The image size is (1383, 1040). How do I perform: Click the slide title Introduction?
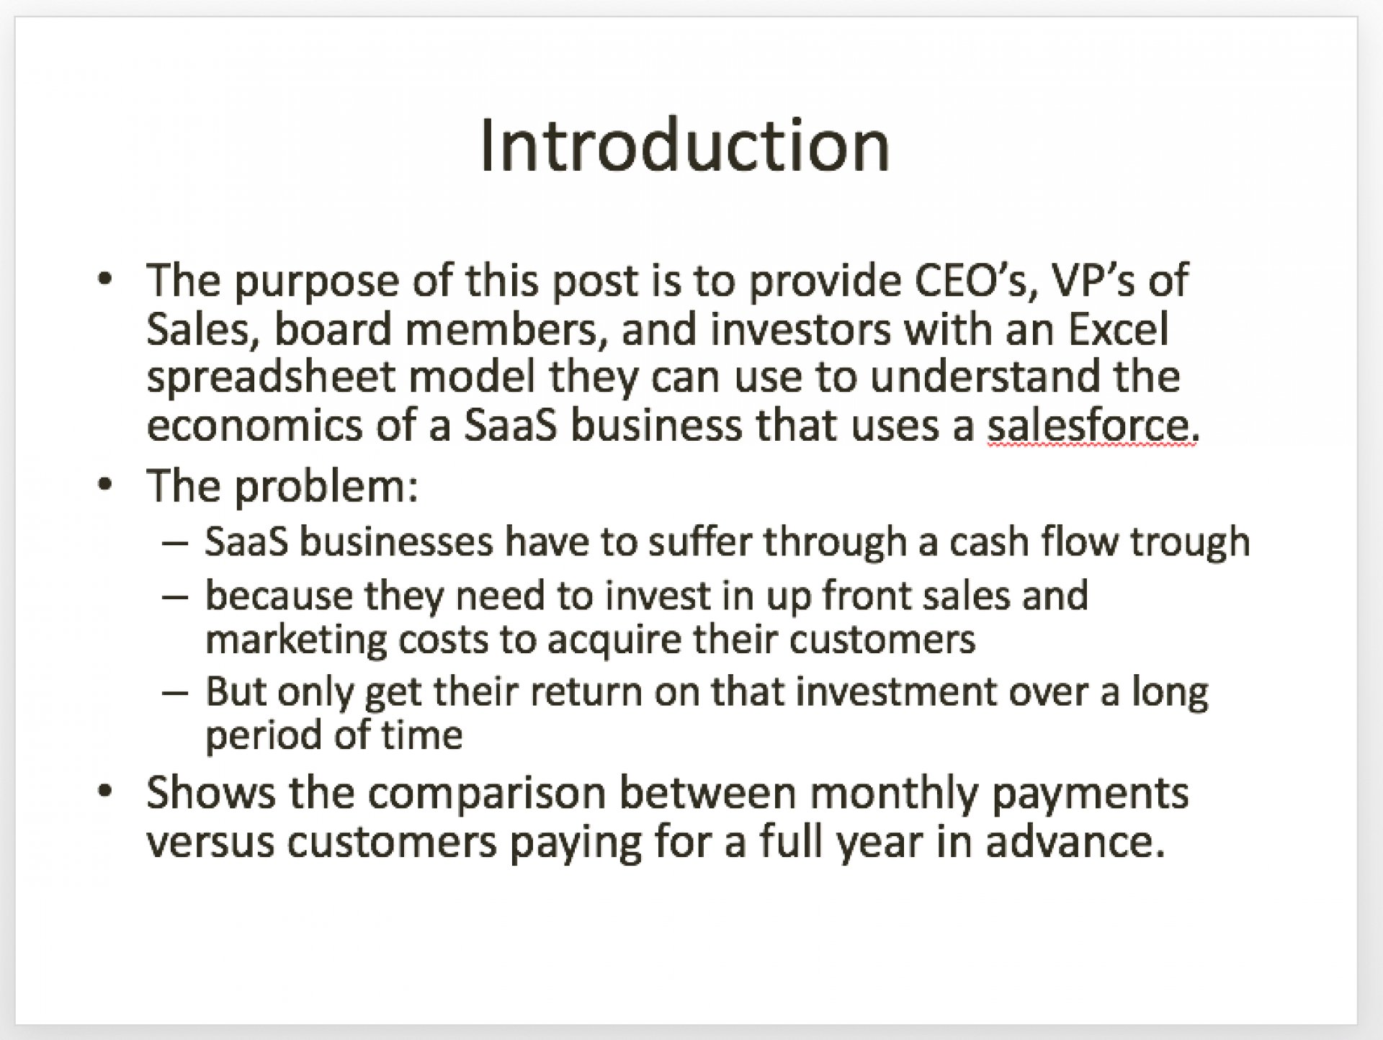tap(685, 145)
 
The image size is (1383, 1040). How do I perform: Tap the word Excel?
tap(1119, 329)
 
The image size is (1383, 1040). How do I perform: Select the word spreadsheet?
tap(271, 378)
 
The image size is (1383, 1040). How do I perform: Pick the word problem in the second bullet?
tap(326, 487)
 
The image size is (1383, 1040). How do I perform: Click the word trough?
tap(1189, 542)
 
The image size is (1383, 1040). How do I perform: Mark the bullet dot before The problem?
tap(105, 485)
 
